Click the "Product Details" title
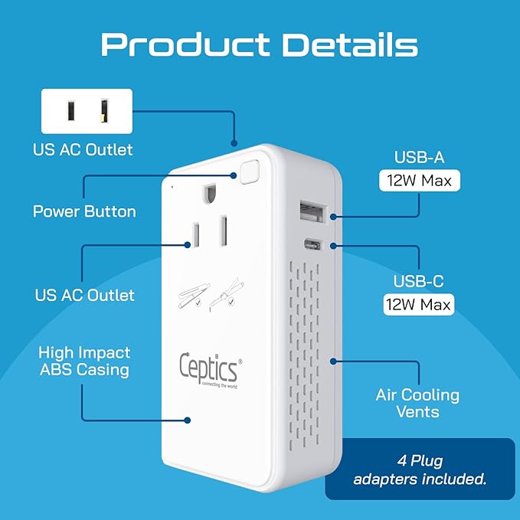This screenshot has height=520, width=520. pyautogui.click(x=260, y=44)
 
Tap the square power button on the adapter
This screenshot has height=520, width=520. pyautogui.click(x=247, y=172)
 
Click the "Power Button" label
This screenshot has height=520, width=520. pyautogui.click(x=84, y=211)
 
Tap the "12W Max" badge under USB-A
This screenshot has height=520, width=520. pyautogui.click(x=420, y=182)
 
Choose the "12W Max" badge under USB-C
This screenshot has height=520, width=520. pyautogui.click(x=419, y=304)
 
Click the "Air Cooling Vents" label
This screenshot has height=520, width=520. pyautogui.click(x=417, y=404)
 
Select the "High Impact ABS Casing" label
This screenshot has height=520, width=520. pyautogui.click(x=84, y=361)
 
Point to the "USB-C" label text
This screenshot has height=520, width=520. pyautogui.click(x=419, y=280)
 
